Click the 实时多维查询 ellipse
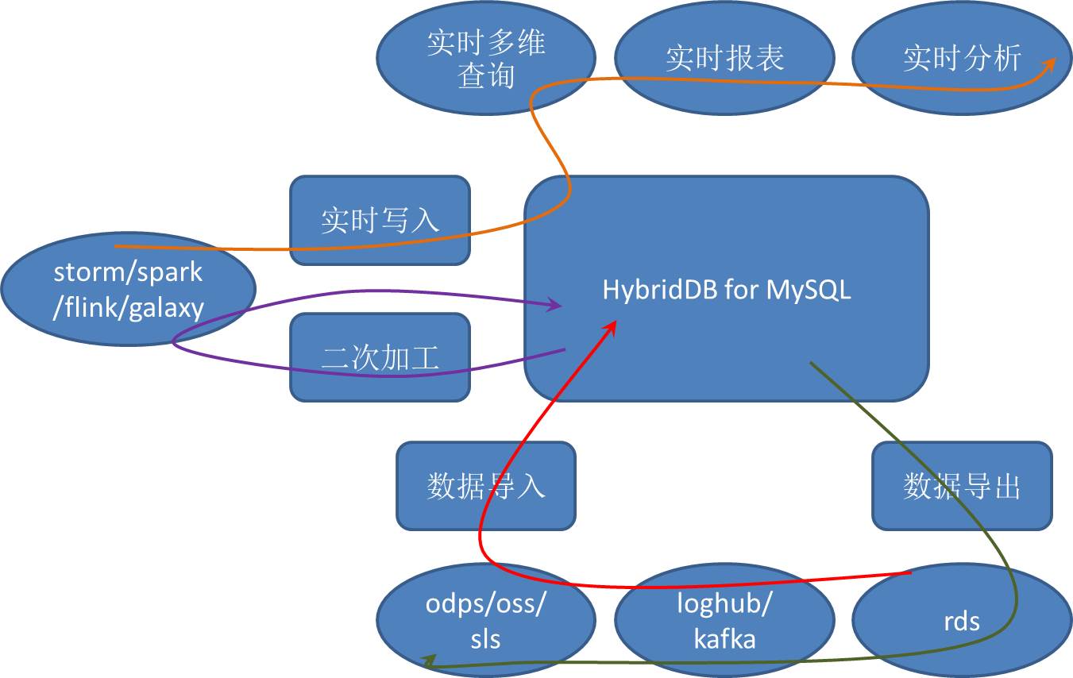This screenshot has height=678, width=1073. (485, 60)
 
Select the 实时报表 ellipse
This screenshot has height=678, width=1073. (724, 59)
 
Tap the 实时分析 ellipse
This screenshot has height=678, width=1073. (962, 59)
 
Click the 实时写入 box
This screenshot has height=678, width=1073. (380, 220)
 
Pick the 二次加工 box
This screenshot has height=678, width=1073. (380, 357)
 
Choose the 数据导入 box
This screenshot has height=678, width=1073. (485, 485)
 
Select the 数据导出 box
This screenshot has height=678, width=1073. (962, 485)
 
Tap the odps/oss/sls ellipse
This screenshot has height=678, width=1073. (485, 621)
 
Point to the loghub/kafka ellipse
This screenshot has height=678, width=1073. (724, 621)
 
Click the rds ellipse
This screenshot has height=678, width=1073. (962, 621)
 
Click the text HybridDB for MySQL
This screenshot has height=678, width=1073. (726, 290)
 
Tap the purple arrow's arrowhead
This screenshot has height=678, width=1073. (556, 305)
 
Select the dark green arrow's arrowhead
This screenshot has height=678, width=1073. (426, 661)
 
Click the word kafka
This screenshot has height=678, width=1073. (724, 638)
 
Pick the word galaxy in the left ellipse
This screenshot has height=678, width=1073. (166, 307)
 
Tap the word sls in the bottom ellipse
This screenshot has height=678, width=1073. (485, 638)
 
